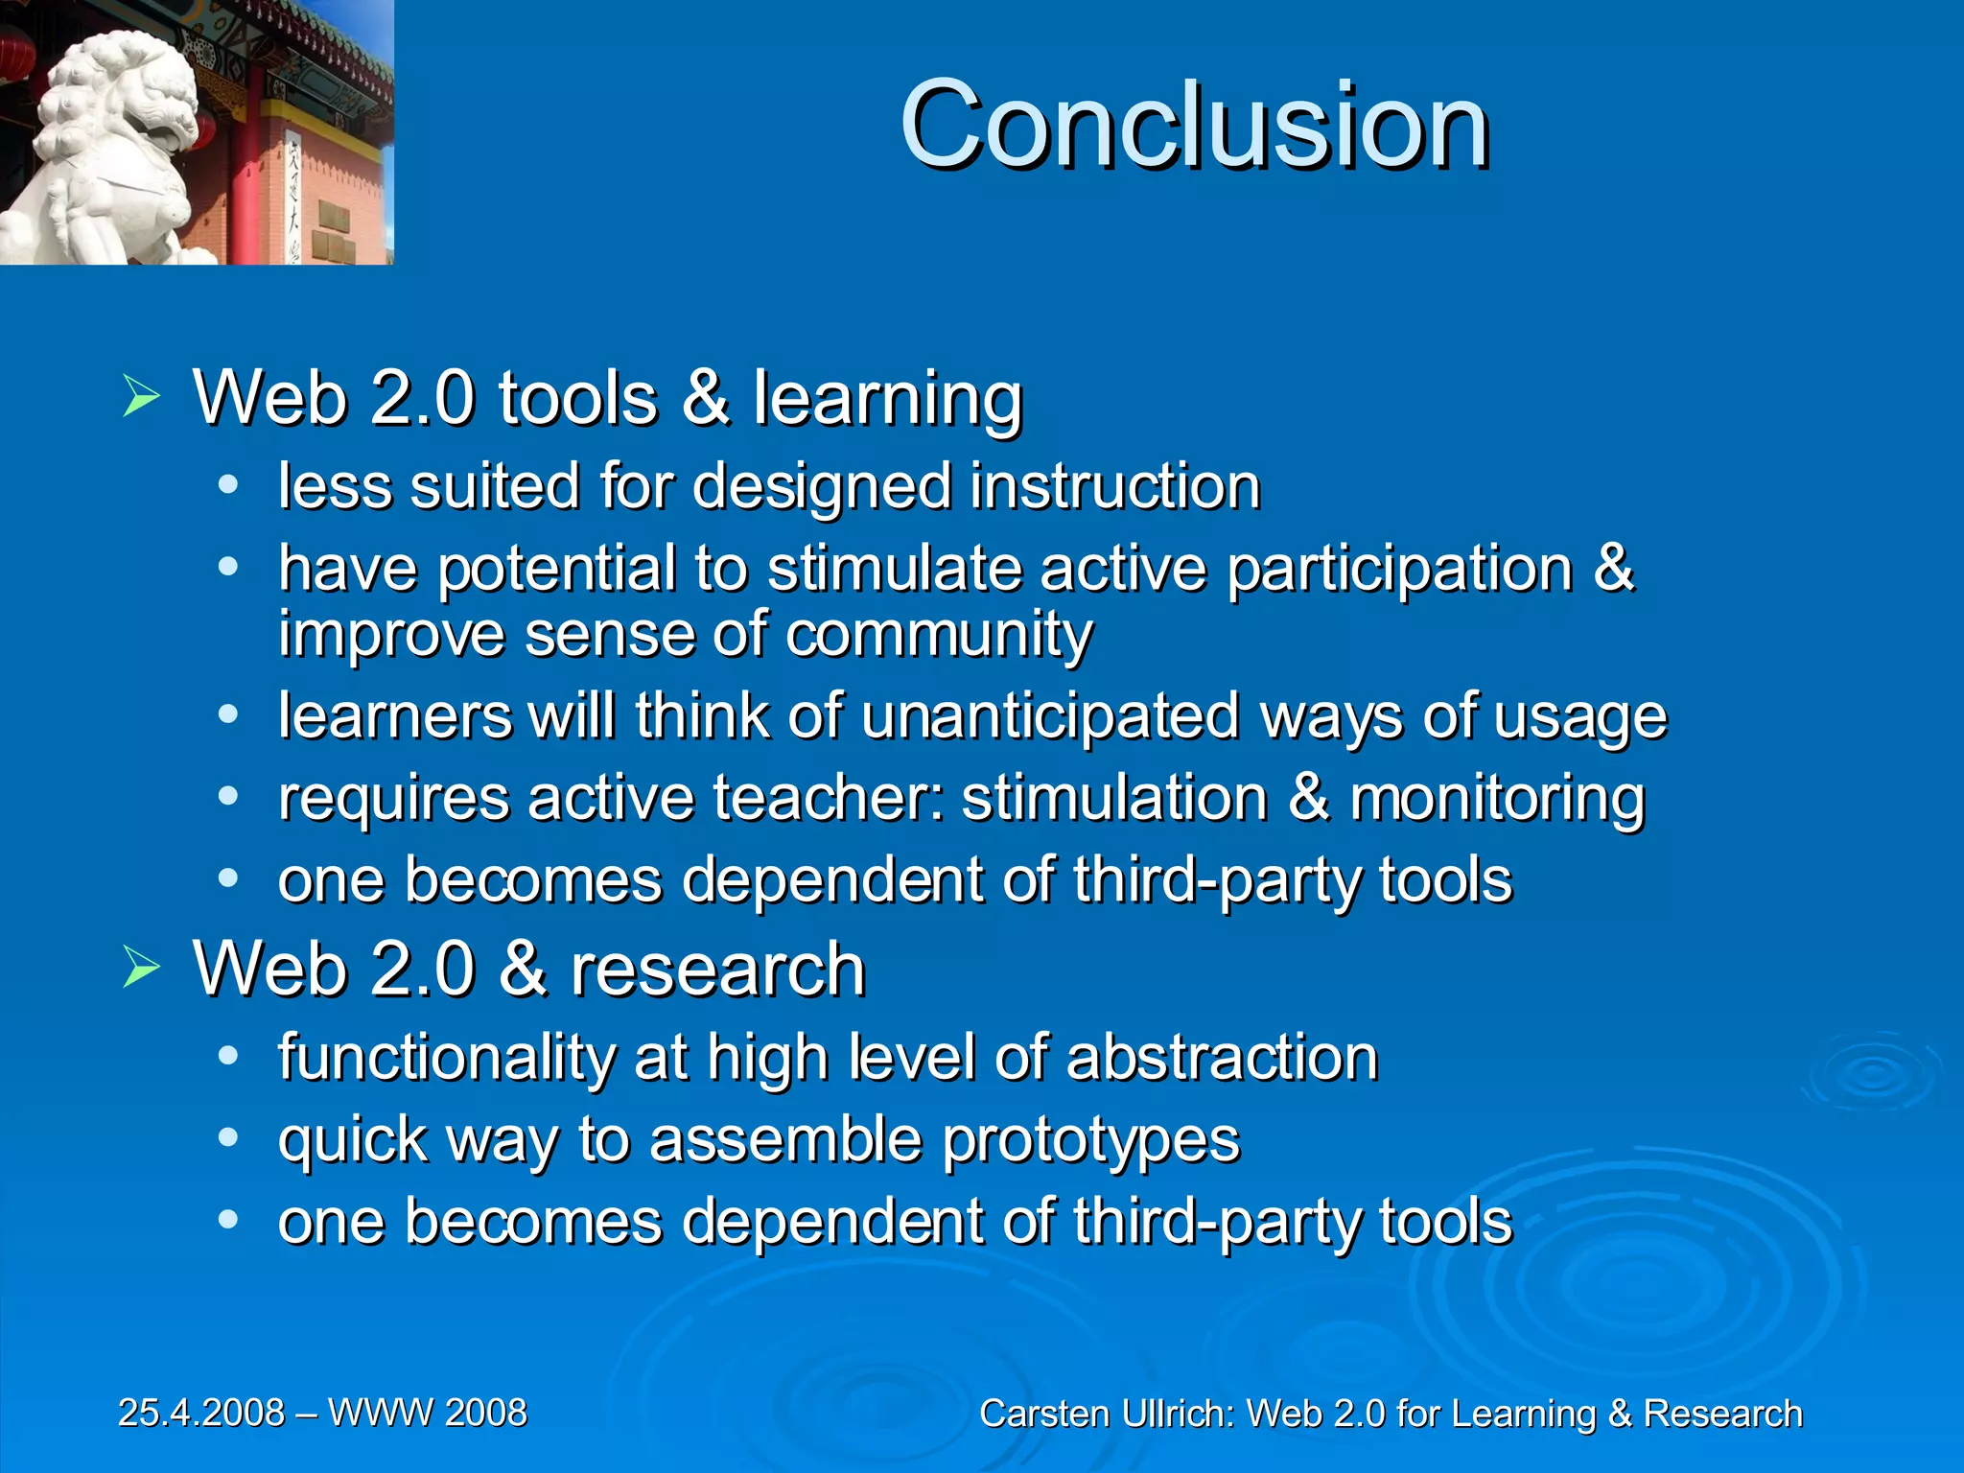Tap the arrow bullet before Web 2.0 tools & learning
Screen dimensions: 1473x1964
[x=141, y=396]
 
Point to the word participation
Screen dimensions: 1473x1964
[x=1400, y=569]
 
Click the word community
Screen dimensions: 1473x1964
[x=939, y=635]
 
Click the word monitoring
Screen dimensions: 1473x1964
[x=1497, y=800]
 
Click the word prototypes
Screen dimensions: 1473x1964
[x=1091, y=1141]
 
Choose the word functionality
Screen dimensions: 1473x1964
[x=446, y=1059]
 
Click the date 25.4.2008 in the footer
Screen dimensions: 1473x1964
[x=201, y=1413]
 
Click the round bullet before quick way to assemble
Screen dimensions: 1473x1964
[x=227, y=1138]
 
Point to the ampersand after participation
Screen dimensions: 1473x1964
[x=1613, y=568]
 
